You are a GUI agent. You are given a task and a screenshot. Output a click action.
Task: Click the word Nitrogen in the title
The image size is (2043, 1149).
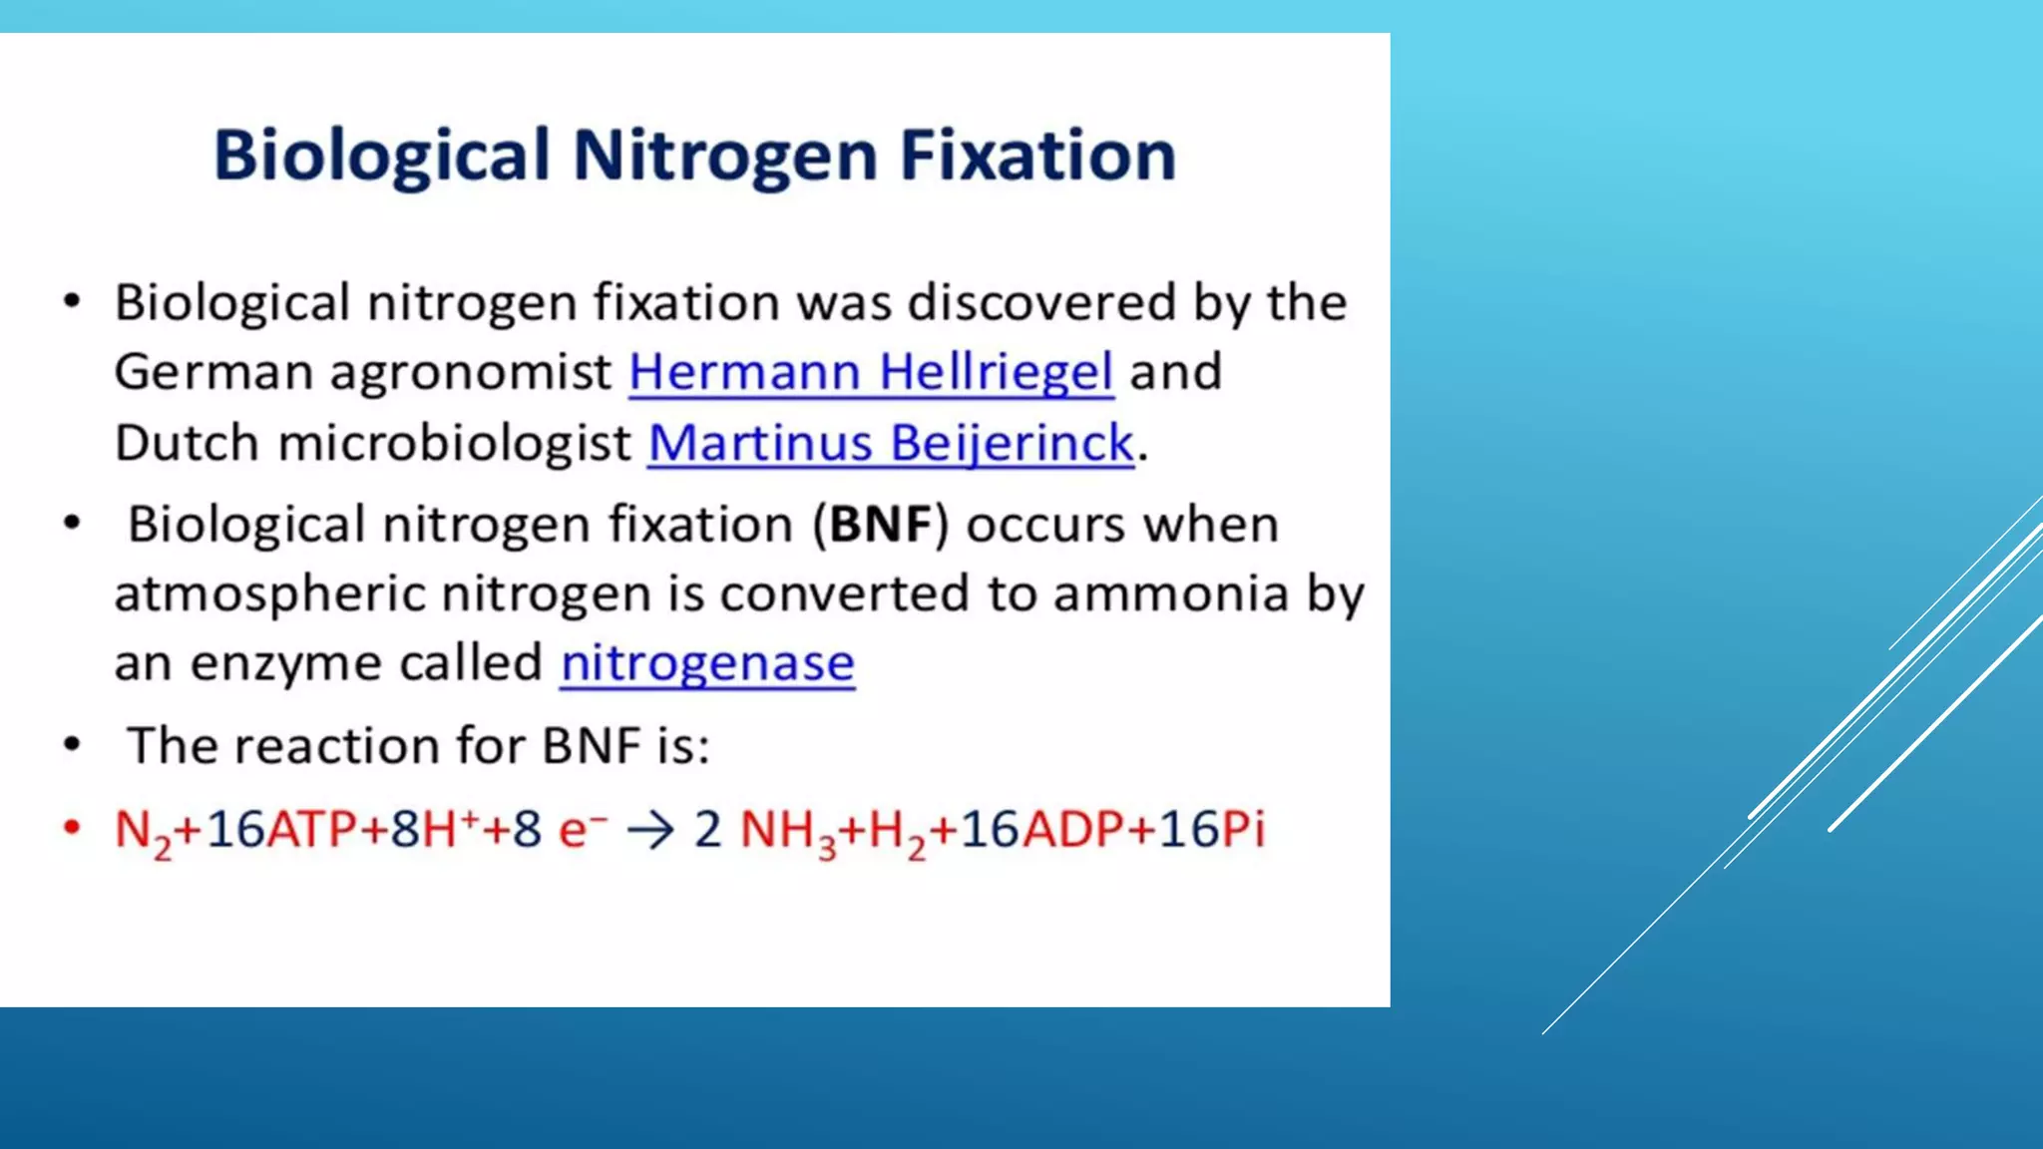(x=725, y=157)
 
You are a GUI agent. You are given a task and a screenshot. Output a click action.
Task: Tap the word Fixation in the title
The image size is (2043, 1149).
(x=1037, y=157)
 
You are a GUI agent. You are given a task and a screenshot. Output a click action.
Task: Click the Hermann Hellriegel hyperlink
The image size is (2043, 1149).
(x=871, y=373)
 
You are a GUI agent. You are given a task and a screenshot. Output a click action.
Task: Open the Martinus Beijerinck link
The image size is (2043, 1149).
(x=891, y=444)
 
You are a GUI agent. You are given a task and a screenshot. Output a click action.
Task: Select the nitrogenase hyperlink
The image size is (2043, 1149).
(x=707, y=663)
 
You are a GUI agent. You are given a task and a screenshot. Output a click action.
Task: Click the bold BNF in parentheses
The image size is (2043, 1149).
(x=881, y=525)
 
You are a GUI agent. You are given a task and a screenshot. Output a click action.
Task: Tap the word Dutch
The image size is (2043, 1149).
(x=187, y=444)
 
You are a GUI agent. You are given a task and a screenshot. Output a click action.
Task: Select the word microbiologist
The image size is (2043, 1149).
(x=455, y=444)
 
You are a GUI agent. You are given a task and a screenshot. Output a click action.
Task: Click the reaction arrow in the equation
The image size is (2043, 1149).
(x=651, y=830)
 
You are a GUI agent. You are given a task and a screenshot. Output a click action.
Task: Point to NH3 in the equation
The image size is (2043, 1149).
(x=787, y=832)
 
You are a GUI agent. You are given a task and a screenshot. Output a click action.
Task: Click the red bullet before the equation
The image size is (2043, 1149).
(x=72, y=828)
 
